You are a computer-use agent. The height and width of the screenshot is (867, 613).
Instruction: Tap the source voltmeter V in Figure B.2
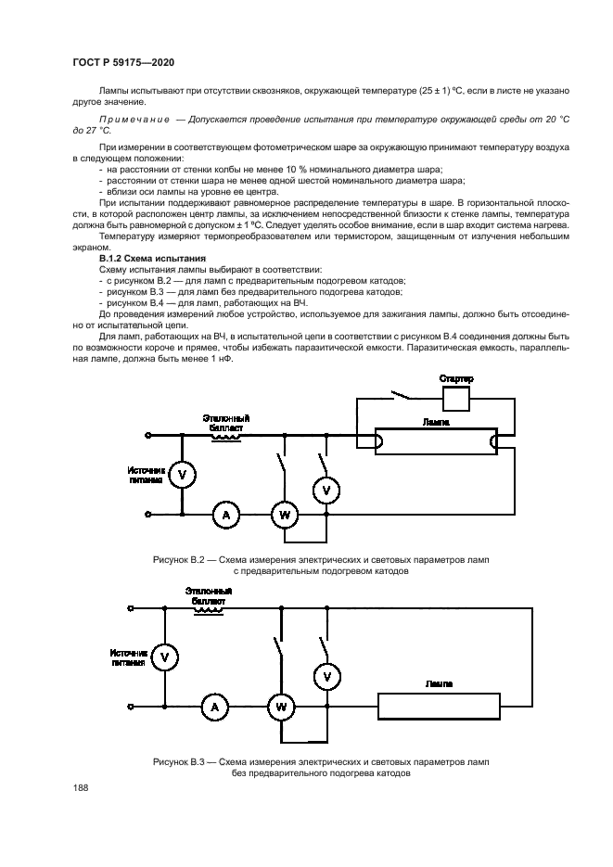(183, 474)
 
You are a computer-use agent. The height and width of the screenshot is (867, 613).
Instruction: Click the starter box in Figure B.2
(457, 399)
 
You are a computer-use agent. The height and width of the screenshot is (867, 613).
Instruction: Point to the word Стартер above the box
(457, 379)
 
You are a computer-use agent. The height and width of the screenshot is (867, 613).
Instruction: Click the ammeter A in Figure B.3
(215, 708)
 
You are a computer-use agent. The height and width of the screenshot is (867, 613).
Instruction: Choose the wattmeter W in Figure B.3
(279, 708)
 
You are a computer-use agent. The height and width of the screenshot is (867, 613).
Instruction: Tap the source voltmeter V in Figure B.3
(164, 657)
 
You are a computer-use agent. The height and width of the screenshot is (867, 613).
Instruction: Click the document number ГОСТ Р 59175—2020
(122, 61)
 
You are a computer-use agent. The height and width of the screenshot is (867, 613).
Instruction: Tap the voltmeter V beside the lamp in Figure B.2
(326, 488)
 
